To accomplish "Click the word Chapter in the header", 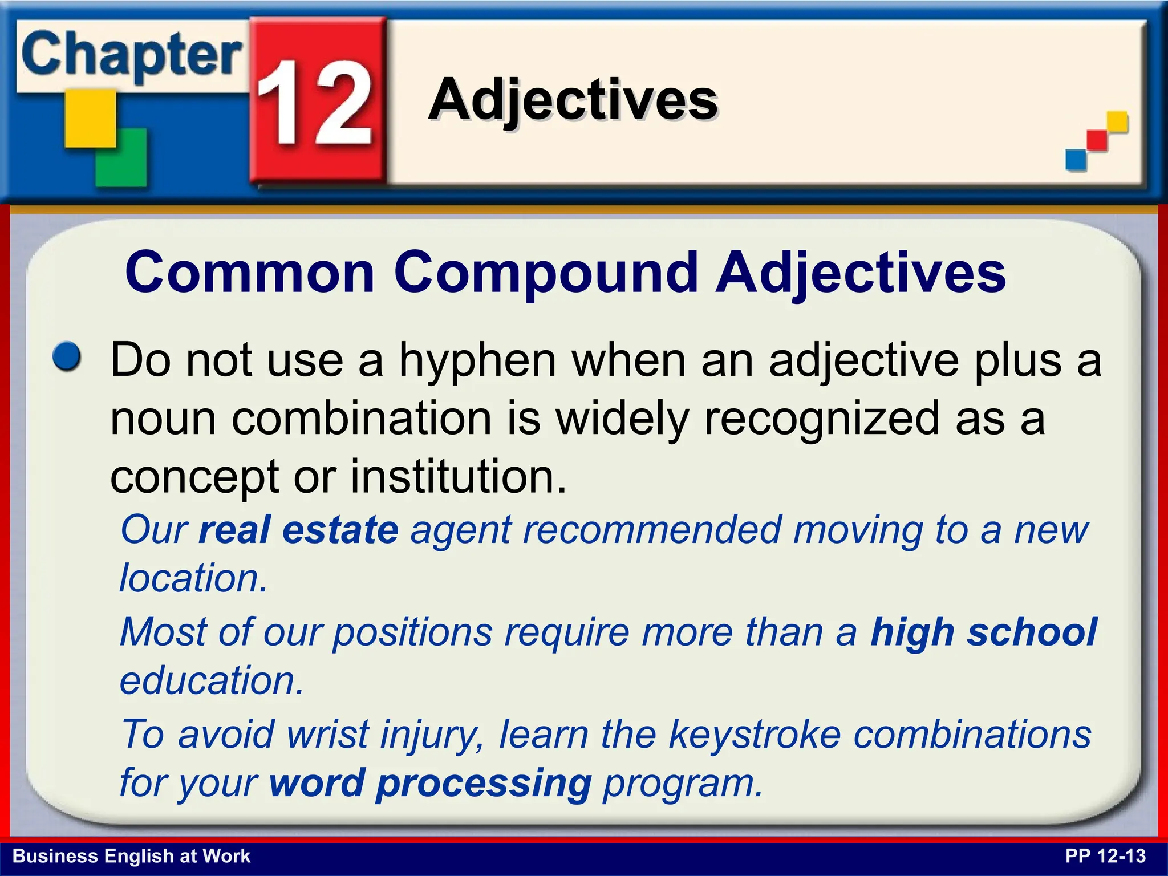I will click(131, 56).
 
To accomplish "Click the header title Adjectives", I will click(573, 100).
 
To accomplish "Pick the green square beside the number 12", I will click(121, 158).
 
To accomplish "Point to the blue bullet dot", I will click(67, 357).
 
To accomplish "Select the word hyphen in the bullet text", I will click(477, 360).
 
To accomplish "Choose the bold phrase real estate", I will click(298, 529).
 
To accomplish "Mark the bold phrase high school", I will click(983, 632).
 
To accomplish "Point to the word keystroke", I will click(754, 733).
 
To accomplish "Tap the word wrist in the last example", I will click(327, 733).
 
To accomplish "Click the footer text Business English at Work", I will click(131, 856).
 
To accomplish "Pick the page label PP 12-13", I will click(1105, 856).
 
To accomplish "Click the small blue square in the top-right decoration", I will click(1076, 160).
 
